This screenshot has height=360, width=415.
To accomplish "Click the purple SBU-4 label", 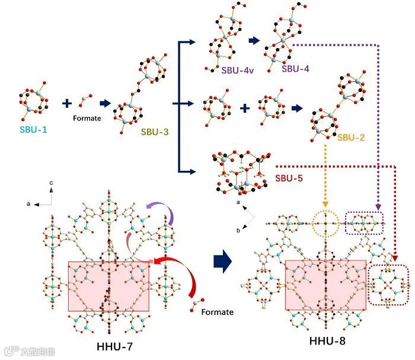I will [295, 69].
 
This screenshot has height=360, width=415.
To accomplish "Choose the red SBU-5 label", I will [290, 177].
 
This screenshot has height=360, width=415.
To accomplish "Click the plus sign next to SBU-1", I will [67, 104].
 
